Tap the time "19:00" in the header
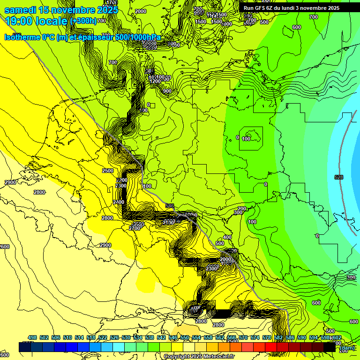[18, 20]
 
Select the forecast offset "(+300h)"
[83, 21]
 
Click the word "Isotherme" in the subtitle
[23, 37]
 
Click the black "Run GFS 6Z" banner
[291, 8]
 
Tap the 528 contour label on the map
[339, 177]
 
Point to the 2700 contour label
[135, 228]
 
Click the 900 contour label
[167, 91]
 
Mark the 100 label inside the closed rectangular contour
[246, 139]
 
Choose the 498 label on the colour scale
[32, 337]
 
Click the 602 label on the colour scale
[337, 337]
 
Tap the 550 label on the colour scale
[185, 337]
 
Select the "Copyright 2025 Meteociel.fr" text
[196, 356]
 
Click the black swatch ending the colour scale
[330, 347]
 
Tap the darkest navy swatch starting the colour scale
[25, 347]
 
